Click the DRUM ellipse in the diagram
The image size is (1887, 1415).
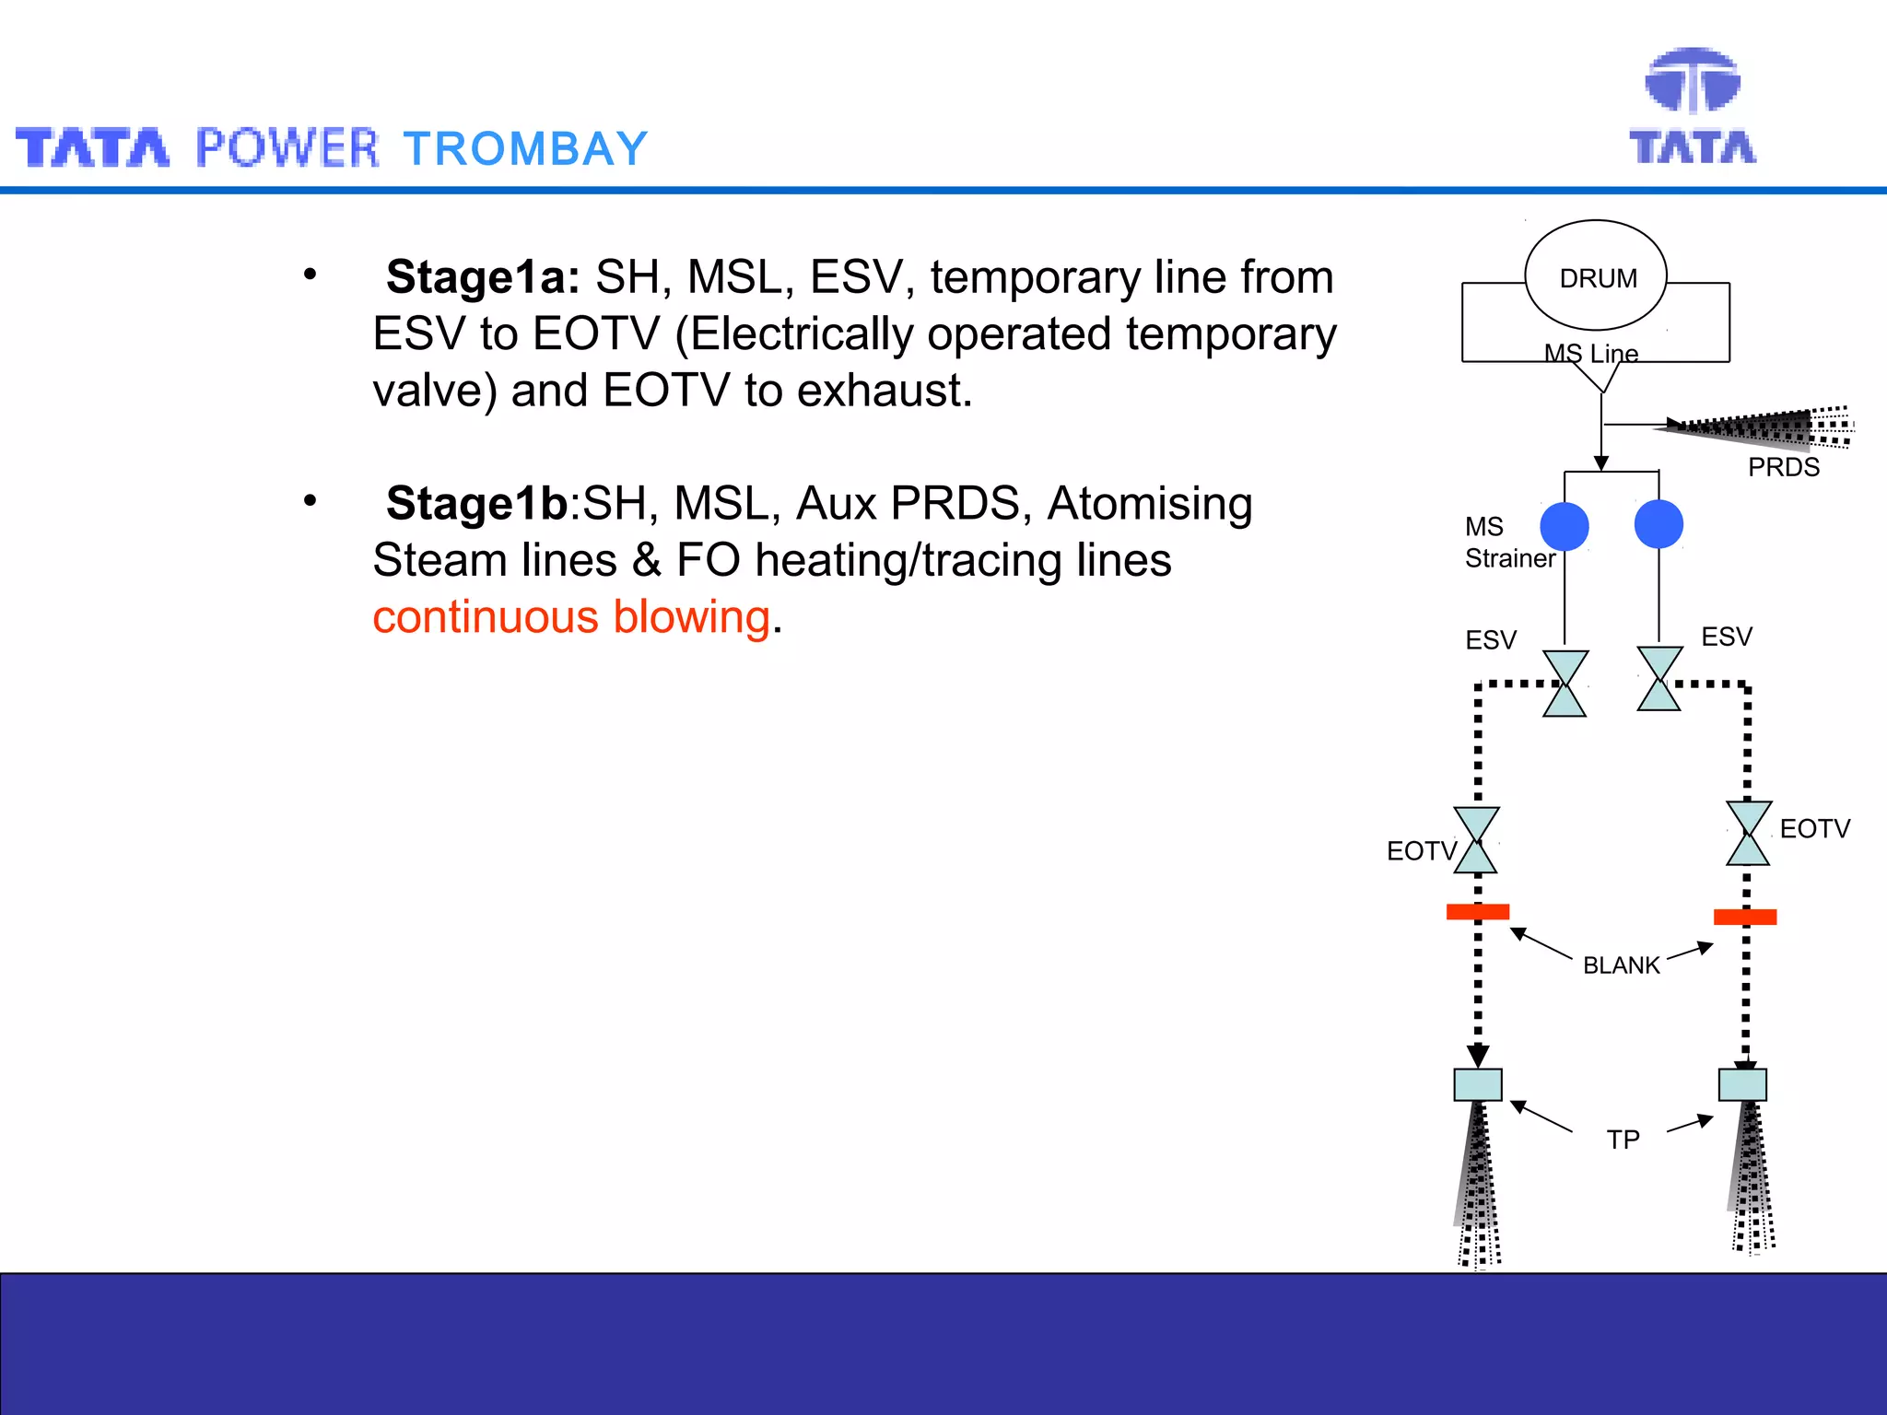coord(1596,276)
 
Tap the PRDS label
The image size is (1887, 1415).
coord(1784,467)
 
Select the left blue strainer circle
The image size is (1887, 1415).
coord(1565,526)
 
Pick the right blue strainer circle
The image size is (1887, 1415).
coord(1658,524)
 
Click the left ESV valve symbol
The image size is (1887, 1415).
coord(1565,684)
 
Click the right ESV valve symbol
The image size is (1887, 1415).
coord(1659,679)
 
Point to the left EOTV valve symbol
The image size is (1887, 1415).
coord(1476,840)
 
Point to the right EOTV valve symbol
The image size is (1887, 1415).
coord(1748,834)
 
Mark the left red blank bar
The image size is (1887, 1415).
coord(1478,912)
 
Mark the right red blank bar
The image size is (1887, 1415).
coord(1745,917)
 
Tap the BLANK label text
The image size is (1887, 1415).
coord(1621,965)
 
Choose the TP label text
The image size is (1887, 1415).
coord(1623,1140)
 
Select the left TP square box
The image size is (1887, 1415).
coord(1478,1085)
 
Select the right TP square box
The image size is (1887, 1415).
coord(1742,1085)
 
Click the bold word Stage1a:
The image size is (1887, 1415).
coord(483,277)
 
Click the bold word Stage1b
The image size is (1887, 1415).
coord(476,504)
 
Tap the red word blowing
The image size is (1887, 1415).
coord(692,617)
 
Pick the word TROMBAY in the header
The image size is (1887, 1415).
coord(526,149)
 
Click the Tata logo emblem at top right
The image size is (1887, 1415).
coord(1693,81)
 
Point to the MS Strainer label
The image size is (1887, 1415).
coord(1509,543)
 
